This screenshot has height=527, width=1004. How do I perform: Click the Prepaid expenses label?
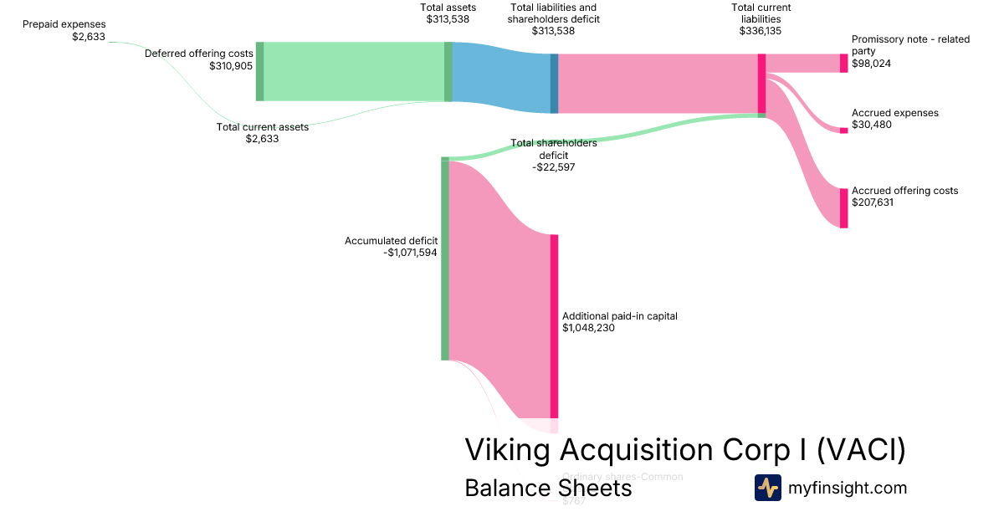[x=64, y=24]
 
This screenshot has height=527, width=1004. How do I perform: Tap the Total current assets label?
[x=262, y=127]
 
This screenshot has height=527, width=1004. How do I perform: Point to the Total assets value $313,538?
[x=448, y=18]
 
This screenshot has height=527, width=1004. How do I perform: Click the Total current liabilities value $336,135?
[x=761, y=31]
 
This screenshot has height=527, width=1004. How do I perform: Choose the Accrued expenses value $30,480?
[x=872, y=124]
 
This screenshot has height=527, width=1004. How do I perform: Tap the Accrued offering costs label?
[x=904, y=191]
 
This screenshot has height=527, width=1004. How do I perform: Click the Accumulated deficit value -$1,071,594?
[x=410, y=252]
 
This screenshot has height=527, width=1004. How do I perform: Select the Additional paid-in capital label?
[x=619, y=316]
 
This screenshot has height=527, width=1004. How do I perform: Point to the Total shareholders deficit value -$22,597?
[x=553, y=167]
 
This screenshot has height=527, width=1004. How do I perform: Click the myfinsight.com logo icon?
[x=767, y=488]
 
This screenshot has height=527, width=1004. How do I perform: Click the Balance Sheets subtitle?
[x=548, y=488]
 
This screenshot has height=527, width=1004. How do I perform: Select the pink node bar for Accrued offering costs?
[x=843, y=207]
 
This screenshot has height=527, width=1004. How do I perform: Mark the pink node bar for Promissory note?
[x=843, y=64]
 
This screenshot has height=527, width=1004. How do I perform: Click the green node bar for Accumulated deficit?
[x=445, y=258]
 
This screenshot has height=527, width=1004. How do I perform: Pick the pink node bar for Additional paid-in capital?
[x=553, y=326]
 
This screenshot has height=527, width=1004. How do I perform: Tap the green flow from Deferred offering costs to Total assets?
[x=353, y=71]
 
